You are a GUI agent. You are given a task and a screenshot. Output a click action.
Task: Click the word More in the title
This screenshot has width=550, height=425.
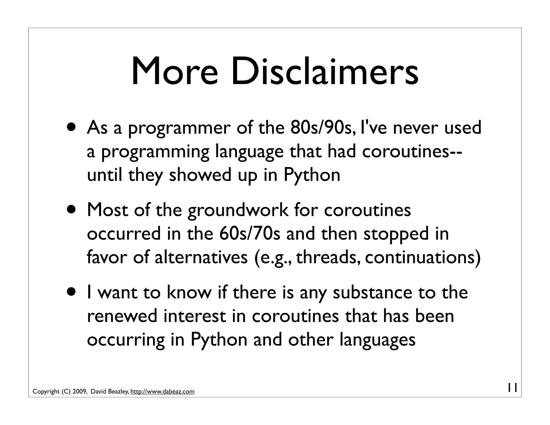pos(175,72)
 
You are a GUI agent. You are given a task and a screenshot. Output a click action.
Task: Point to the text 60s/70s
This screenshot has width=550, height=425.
pos(250,233)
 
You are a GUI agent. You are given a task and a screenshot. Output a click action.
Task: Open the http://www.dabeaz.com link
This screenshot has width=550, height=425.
pos(162,392)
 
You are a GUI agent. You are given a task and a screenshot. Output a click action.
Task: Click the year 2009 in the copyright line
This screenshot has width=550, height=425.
pos(79,392)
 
